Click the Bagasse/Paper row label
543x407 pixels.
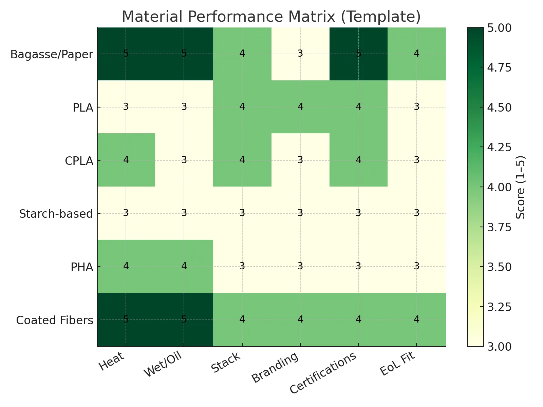pos(52,54)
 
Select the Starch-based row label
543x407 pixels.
pos(56,214)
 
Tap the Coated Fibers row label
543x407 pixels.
pos(55,320)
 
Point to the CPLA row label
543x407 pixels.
pos(79,161)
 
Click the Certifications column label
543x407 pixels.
pos(323,372)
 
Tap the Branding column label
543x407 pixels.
pos(275,368)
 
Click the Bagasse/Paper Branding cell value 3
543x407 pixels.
pos(300,54)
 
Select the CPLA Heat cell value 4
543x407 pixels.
pos(126,160)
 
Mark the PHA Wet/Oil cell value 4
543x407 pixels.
pos(184,266)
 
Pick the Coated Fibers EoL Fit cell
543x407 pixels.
pos(416,319)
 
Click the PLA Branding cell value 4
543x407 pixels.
pos(300,107)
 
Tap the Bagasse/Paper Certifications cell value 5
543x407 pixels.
pos(358,54)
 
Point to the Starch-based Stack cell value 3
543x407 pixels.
pos(242,213)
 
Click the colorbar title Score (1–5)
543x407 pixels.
pos(520,187)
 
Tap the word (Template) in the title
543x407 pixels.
pos(381,17)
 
